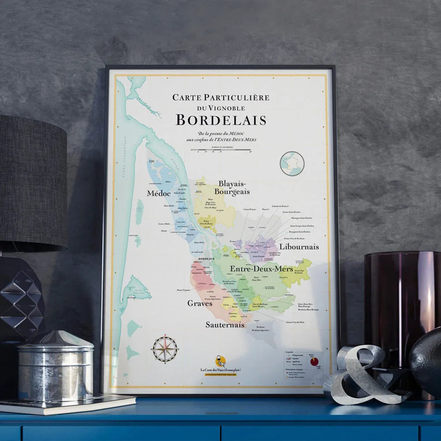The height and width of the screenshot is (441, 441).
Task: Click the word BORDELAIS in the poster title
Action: point(221,120)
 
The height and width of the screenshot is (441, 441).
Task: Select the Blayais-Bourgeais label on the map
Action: point(232,187)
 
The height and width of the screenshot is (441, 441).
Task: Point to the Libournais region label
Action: point(299,247)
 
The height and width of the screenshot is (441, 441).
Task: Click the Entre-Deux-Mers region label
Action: point(261,269)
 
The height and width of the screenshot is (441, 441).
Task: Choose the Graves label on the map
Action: point(200,303)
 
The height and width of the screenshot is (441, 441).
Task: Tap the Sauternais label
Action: point(225,325)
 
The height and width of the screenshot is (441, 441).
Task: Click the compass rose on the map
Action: point(165,349)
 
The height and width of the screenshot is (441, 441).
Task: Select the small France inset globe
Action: point(292,163)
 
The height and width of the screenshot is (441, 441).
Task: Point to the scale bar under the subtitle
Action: point(221,150)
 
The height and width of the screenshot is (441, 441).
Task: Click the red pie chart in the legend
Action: point(314,362)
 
